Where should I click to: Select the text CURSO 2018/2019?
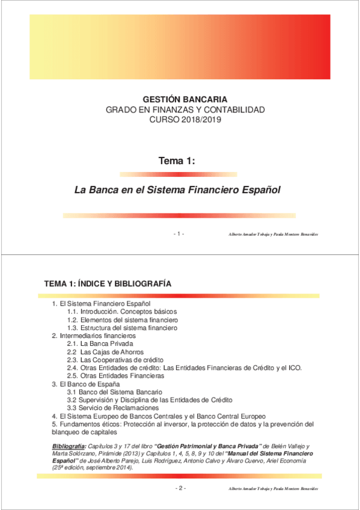(x=185, y=120)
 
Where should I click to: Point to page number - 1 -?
(x=178, y=233)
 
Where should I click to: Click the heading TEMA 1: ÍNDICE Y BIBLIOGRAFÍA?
(x=108, y=283)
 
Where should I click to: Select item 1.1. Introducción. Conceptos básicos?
(x=122, y=313)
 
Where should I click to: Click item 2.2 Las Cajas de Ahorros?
(x=105, y=352)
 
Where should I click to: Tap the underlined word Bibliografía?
(x=69, y=446)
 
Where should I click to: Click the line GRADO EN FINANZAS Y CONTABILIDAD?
(x=185, y=110)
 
